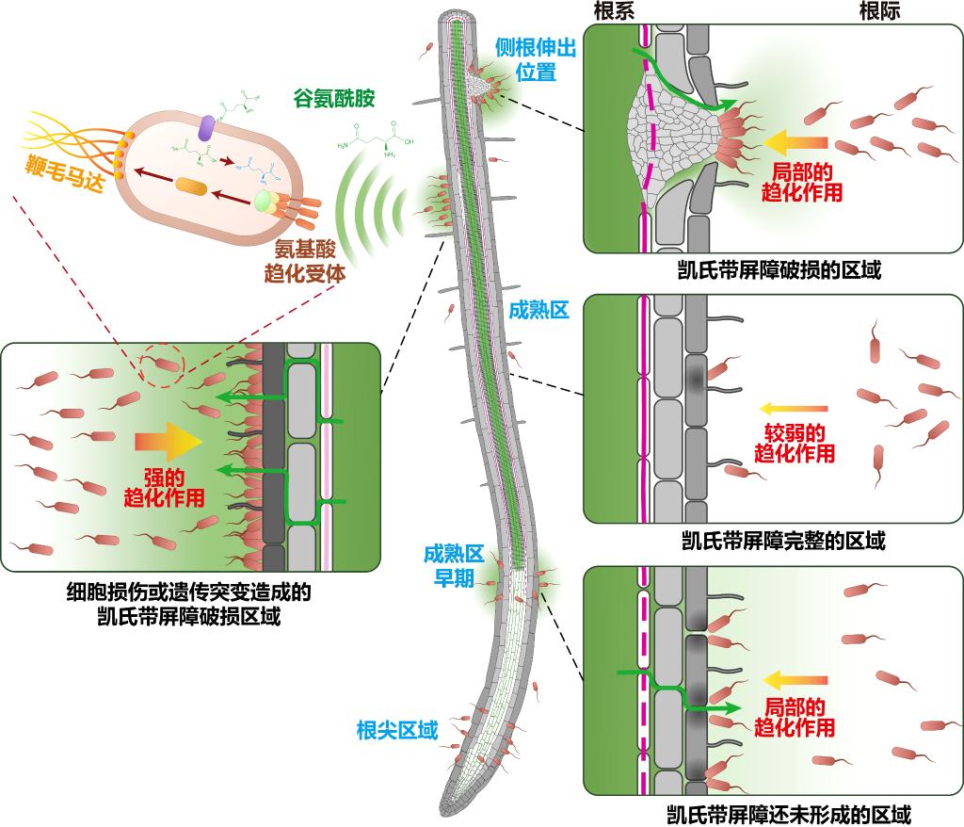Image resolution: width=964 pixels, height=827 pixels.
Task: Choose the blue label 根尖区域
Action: coord(397,730)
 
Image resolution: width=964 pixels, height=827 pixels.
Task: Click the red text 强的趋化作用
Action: coord(165,486)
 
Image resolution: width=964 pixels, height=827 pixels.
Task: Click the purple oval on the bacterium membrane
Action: coord(206,127)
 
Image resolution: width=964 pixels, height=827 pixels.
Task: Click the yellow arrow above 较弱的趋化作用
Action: coord(793,409)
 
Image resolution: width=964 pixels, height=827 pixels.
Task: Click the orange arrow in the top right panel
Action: coord(795,143)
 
